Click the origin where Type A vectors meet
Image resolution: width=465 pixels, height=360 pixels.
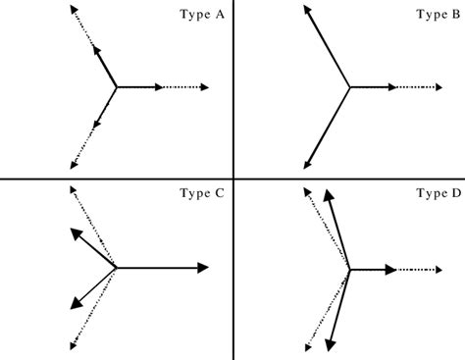(117, 87)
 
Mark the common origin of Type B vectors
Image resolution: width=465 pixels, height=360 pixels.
(349, 87)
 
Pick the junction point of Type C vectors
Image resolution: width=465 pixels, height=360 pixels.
(117, 267)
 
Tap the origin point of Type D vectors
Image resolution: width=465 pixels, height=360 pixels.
(349, 268)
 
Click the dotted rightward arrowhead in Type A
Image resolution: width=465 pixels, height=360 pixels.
(204, 87)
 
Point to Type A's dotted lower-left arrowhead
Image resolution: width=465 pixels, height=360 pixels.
(75, 163)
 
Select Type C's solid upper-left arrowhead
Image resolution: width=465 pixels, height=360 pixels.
(74, 233)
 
